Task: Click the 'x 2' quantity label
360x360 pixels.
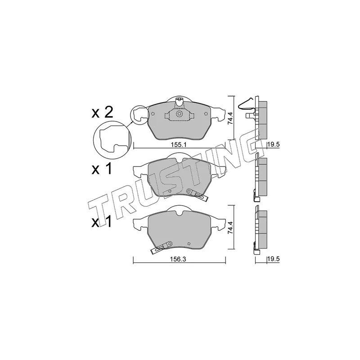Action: [x=102, y=113]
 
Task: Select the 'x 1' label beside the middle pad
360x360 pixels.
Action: [x=102, y=169]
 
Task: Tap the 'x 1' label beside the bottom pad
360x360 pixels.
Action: [x=102, y=222]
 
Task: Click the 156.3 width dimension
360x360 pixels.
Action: [x=178, y=259]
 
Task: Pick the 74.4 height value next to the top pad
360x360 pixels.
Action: [x=230, y=118]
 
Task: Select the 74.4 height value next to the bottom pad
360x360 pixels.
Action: [x=230, y=228]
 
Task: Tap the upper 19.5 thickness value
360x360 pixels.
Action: [x=274, y=144]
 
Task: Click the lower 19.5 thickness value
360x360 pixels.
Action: [x=274, y=259]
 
